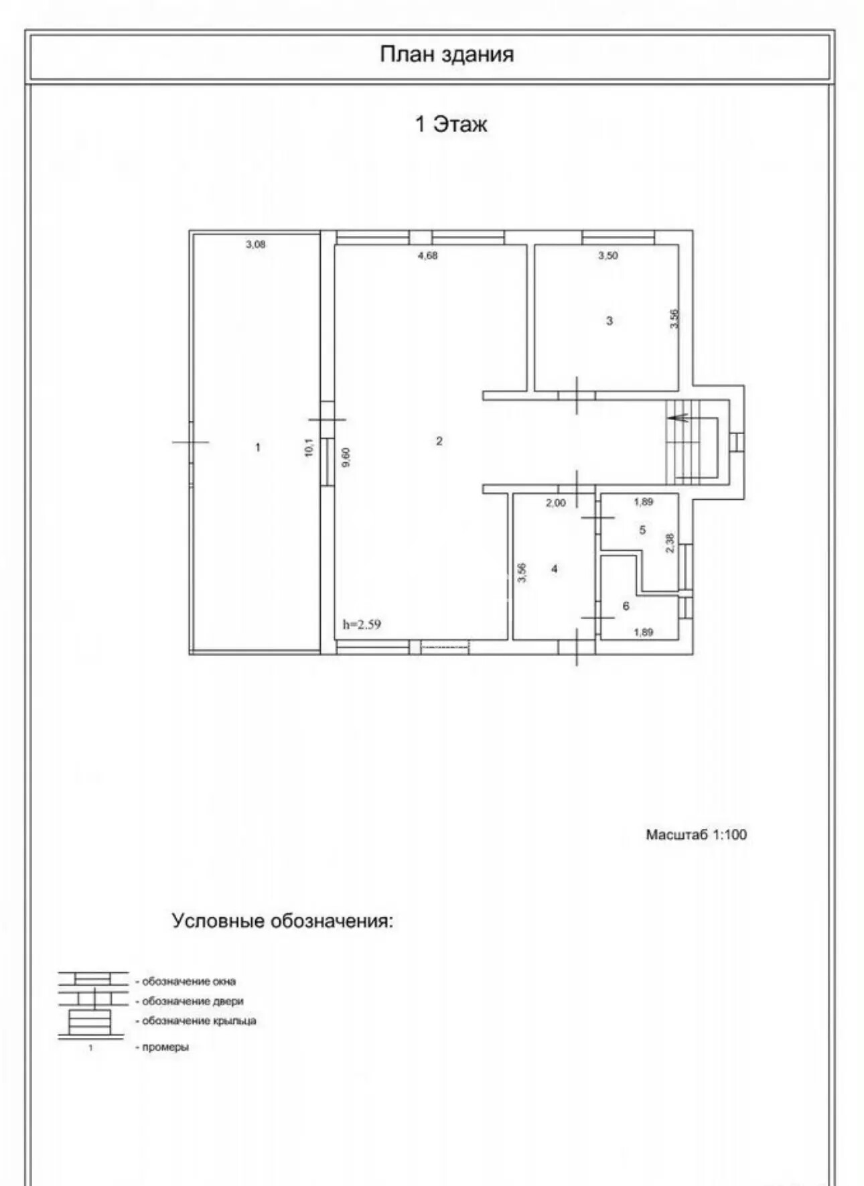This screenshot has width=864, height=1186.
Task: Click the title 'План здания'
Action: tap(447, 54)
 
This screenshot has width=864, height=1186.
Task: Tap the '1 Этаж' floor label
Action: tap(451, 124)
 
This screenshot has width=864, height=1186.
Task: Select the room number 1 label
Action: tap(258, 447)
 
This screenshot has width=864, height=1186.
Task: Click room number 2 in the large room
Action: tap(439, 441)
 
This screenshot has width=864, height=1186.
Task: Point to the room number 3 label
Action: tap(609, 321)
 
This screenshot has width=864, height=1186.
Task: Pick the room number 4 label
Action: tap(555, 569)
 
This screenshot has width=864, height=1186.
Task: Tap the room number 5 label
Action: tap(642, 530)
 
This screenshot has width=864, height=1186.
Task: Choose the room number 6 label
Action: tap(626, 606)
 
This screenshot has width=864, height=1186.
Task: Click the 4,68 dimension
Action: tap(427, 255)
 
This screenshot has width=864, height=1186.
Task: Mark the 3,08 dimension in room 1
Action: tap(255, 245)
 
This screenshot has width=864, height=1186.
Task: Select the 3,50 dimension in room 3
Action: tap(608, 255)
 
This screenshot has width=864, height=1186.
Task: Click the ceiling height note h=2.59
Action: tap(362, 624)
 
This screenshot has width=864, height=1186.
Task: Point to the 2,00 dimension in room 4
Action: tap(555, 503)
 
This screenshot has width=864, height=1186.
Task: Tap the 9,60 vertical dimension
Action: tap(346, 457)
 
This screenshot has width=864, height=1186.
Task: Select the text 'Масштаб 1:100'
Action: tap(696, 835)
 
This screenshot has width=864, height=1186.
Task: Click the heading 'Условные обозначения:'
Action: tap(283, 921)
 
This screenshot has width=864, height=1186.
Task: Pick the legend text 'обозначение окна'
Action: tap(189, 982)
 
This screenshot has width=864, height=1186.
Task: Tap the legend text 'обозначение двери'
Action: tap(193, 1002)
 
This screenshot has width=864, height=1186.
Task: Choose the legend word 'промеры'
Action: tap(165, 1047)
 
